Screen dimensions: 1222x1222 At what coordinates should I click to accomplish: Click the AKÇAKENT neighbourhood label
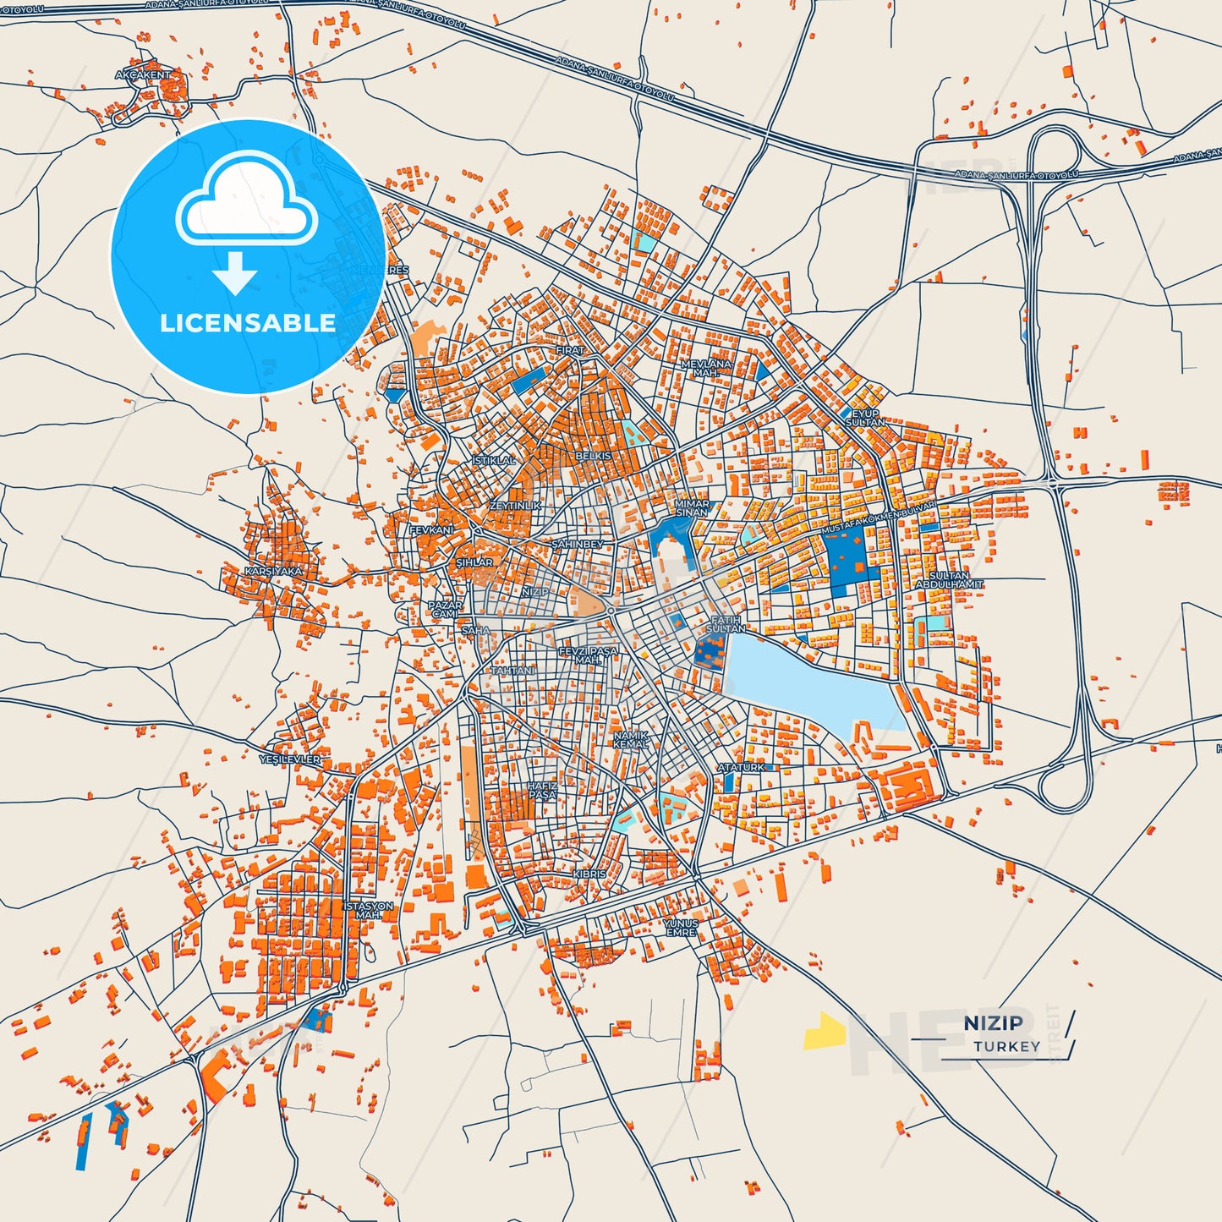click(x=143, y=75)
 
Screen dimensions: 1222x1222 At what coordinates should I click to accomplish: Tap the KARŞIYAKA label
click(x=273, y=572)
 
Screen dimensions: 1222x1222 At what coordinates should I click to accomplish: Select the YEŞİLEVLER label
click(x=290, y=759)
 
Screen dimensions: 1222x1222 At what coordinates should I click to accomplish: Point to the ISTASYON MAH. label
click(x=369, y=911)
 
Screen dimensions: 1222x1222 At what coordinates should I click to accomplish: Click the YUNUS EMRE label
click(x=681, y=928)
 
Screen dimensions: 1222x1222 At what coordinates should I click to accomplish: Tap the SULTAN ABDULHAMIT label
click(x=949, y=580)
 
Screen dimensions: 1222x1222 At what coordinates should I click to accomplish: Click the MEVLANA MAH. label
click(x=706, y=368)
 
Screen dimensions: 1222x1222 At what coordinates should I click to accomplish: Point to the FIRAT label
click(x=569, y=350)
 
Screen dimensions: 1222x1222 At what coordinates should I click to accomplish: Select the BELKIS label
click(x=593, y=457)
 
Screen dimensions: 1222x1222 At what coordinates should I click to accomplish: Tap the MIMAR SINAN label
click(x=691, y=508)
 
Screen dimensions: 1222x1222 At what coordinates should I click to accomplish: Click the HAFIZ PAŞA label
click(x=543, y=790)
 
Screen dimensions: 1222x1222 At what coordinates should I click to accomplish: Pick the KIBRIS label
click(x=589, y=874)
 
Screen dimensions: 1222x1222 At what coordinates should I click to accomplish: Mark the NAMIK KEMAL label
click(x=631, y=740)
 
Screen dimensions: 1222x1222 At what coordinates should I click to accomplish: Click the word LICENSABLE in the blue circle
click(x=248, y=323)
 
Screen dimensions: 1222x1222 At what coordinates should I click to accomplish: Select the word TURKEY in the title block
click(x=1006, y=1046)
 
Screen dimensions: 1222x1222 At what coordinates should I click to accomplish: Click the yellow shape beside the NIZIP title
click(x=825, y=1031)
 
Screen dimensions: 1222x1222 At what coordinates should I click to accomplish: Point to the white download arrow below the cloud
click(x=235, y=272)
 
